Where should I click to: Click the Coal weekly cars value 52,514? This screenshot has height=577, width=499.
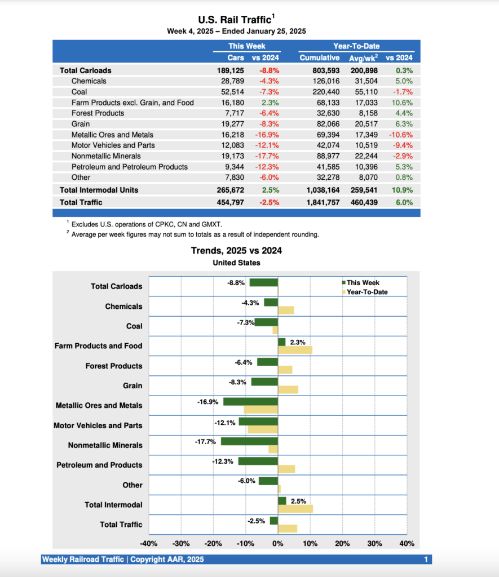233,92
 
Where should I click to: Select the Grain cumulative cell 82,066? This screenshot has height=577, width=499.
326,124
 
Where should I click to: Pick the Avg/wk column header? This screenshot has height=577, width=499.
363,57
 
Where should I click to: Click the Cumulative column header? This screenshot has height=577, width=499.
320,57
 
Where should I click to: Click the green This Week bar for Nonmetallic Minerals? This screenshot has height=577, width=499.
249,442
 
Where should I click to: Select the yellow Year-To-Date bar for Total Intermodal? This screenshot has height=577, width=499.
295,509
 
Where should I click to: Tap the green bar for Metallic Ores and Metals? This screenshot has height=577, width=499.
250,402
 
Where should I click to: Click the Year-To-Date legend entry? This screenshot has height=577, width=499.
366,292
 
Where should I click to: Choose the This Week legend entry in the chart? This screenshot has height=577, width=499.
363,283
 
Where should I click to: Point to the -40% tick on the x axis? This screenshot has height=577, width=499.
149,544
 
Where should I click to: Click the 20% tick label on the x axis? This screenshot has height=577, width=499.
342,544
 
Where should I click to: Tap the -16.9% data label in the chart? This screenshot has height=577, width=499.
208,402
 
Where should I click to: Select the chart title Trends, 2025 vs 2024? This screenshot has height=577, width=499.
236,251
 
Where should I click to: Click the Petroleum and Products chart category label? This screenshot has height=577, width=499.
99,465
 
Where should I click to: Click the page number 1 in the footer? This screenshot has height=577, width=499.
426,560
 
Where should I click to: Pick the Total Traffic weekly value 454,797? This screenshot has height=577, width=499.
231,202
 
